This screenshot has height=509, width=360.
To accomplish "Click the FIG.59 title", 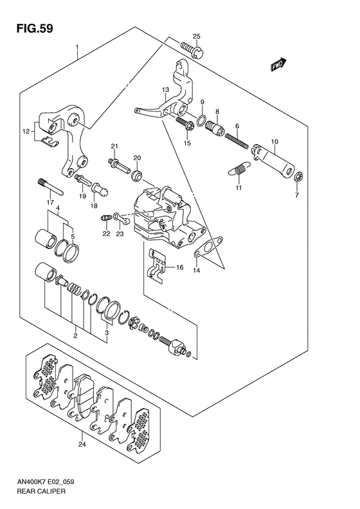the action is point(35,28).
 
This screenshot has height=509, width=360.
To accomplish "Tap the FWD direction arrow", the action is point(278,64).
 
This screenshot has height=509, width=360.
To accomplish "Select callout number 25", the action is point(197,36).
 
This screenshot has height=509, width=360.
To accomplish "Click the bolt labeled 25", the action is point(192,50).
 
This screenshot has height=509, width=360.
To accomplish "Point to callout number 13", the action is point(165,89).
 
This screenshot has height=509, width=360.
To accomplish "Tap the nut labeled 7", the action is point(299,177).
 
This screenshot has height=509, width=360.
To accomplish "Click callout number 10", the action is point(274,142).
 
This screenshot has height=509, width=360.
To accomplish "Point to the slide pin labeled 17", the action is point(51,187).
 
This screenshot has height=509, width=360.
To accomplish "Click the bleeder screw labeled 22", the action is point(105,218).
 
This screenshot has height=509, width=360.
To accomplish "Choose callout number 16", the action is point(179,268).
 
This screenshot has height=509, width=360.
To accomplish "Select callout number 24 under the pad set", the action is point(82,445).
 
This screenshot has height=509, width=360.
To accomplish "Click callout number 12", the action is point(26,131).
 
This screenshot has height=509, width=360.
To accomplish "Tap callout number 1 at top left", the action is point(77,48).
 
